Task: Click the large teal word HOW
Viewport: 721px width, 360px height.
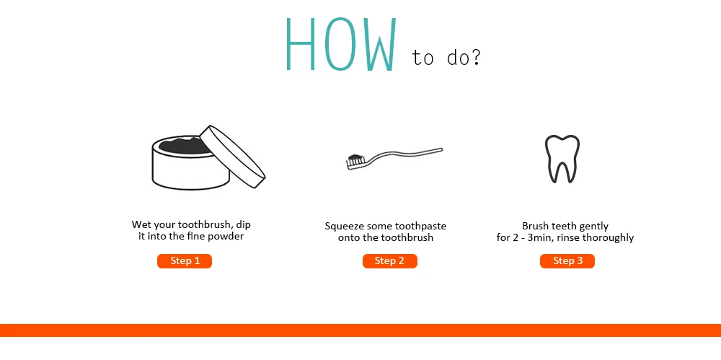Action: pos(341,44)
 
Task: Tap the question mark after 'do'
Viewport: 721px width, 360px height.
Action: pos(475,56)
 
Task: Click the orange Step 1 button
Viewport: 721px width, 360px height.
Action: pos(185,261)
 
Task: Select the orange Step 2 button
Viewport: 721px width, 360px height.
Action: pos(389,261)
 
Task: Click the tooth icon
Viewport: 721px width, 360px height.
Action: pos(562,159)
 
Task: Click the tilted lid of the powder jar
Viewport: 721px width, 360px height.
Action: pos(233,156)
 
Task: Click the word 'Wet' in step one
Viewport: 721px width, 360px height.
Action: pos(141,224)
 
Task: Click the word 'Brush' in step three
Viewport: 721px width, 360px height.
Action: pos(534,226)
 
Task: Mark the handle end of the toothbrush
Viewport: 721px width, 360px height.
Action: pos(441,149)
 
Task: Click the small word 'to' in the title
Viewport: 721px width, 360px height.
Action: pos(423,58)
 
